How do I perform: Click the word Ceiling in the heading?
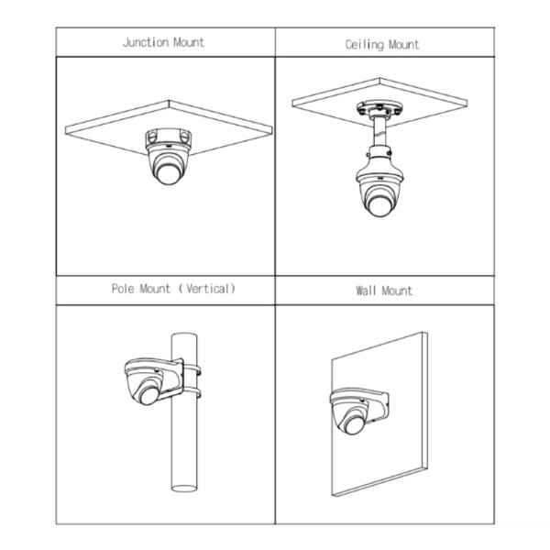click(363, 44)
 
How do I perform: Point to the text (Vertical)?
click(210, 289)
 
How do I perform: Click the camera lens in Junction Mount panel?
click(168, 173)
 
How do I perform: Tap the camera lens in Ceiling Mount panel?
click(378, 203)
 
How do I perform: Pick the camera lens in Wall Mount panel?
click(348, 423)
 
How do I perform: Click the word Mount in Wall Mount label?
click(397, 291)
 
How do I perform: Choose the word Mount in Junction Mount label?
click(189, 42)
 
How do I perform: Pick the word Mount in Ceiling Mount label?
click(403, 44)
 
